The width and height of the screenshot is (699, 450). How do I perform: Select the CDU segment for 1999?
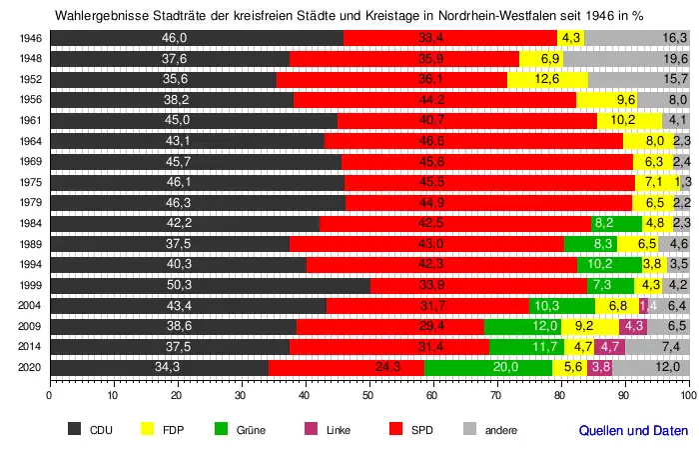210,283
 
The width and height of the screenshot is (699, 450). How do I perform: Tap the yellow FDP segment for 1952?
547,79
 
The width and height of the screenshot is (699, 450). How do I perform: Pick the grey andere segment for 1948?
626,58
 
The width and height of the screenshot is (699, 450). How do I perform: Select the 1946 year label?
30,38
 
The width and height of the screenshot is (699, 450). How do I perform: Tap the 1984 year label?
30,223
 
